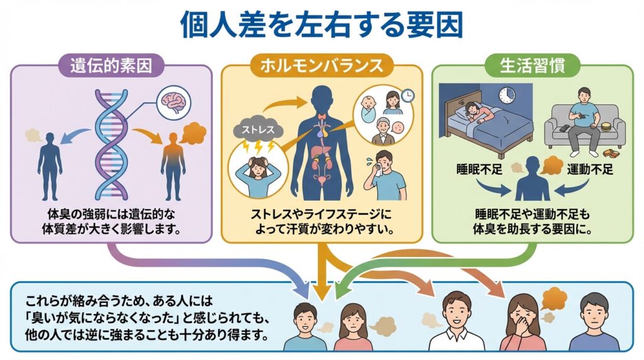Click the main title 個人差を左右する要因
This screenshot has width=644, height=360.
coord(321,25)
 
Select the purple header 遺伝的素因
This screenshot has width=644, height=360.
coord(111,64)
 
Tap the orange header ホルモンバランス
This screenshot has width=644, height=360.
coord(321,64)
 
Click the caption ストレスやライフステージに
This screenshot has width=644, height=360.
coord(321,215)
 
